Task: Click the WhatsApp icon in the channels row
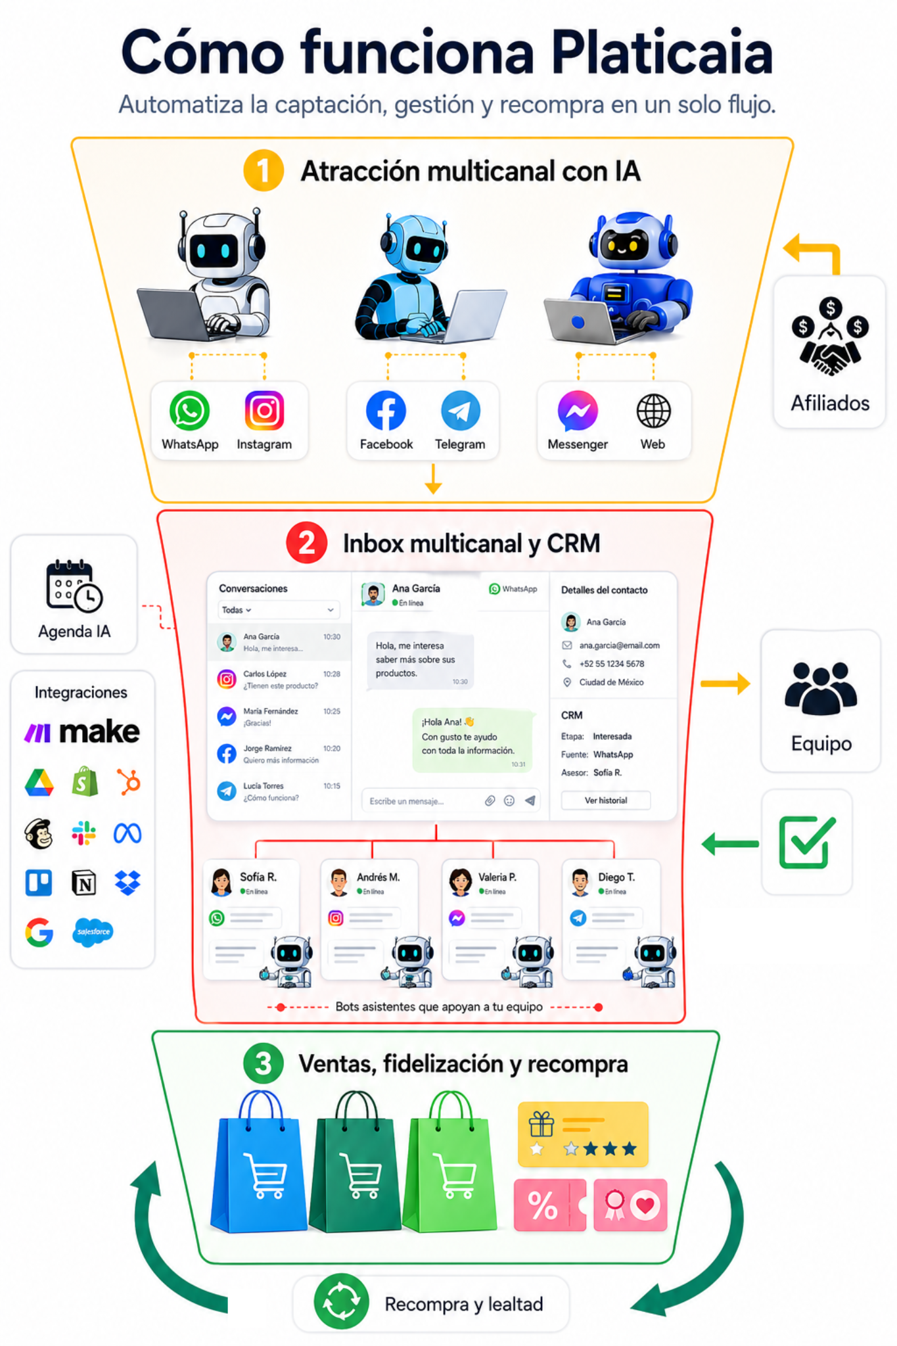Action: [189, 411]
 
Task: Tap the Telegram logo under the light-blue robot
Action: [460, 411]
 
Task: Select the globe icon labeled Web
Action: [653, 411]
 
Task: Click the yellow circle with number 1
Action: [263, 170]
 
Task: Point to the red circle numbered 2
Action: [306, 543]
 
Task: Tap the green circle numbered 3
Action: [263, 1063]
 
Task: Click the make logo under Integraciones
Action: [82, 731]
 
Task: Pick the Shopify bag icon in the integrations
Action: [85, 782]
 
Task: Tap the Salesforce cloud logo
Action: [93, 931]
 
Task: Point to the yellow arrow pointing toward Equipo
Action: [725, 684]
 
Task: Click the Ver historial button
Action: [605, 800]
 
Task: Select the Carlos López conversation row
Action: [279, 679]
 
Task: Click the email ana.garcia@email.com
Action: [619, 645]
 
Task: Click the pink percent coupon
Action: [549, 1205]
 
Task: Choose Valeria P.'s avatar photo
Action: [461, 882]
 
